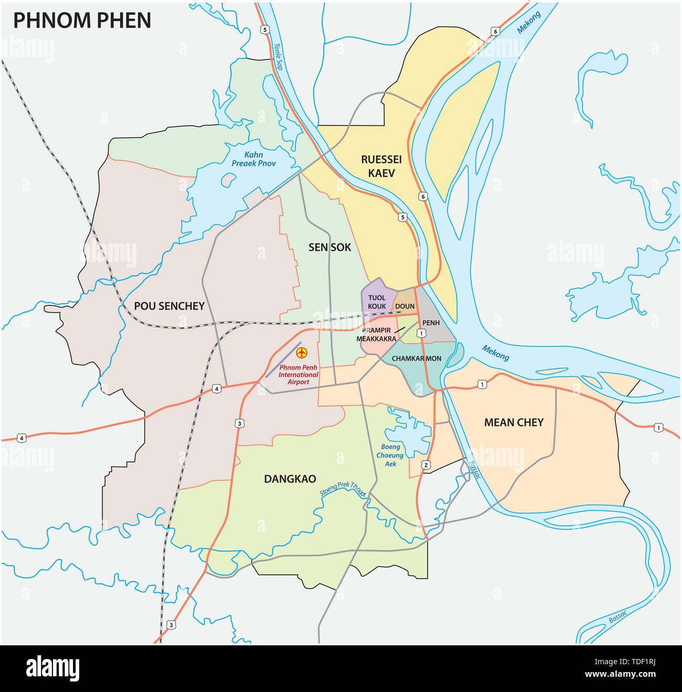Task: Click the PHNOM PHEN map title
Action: (82, 20)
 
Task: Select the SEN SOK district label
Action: (329, 247)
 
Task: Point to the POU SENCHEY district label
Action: (169, 306)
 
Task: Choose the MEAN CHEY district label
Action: (513, 422)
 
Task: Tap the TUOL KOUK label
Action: (377, 302)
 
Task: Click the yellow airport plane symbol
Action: (301, 352)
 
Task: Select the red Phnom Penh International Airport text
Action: (299, 375)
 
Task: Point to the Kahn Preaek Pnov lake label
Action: (253, 158)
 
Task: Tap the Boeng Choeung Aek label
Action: (390, 455)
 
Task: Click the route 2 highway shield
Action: (425, 465)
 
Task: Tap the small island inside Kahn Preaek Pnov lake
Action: (228, 179)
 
